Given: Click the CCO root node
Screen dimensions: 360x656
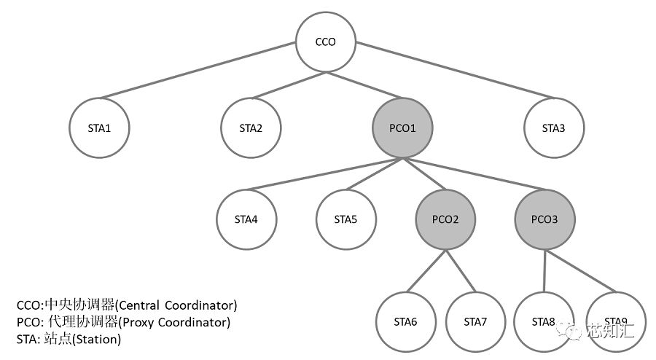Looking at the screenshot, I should click(325, 42).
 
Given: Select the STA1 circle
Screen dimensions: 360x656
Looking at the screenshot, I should click(99, 128).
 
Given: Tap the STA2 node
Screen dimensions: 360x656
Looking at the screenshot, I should click(251, 128).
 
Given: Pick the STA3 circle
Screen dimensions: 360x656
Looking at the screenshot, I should click(553, 128).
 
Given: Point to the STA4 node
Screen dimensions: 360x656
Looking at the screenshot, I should click(246, 219).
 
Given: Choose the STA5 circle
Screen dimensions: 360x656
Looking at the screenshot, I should click(345, 219).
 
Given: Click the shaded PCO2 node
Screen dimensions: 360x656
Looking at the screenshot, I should click(445, 219).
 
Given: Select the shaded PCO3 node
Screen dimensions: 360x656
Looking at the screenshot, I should click(544, 219).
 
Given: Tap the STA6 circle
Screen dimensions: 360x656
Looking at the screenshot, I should click(405, 321).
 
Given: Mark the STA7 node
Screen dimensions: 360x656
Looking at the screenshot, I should click(475, 321).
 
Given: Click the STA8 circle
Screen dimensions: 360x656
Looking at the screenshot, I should click(543, 321).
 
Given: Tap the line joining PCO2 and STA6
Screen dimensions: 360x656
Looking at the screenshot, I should click(426, 270).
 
